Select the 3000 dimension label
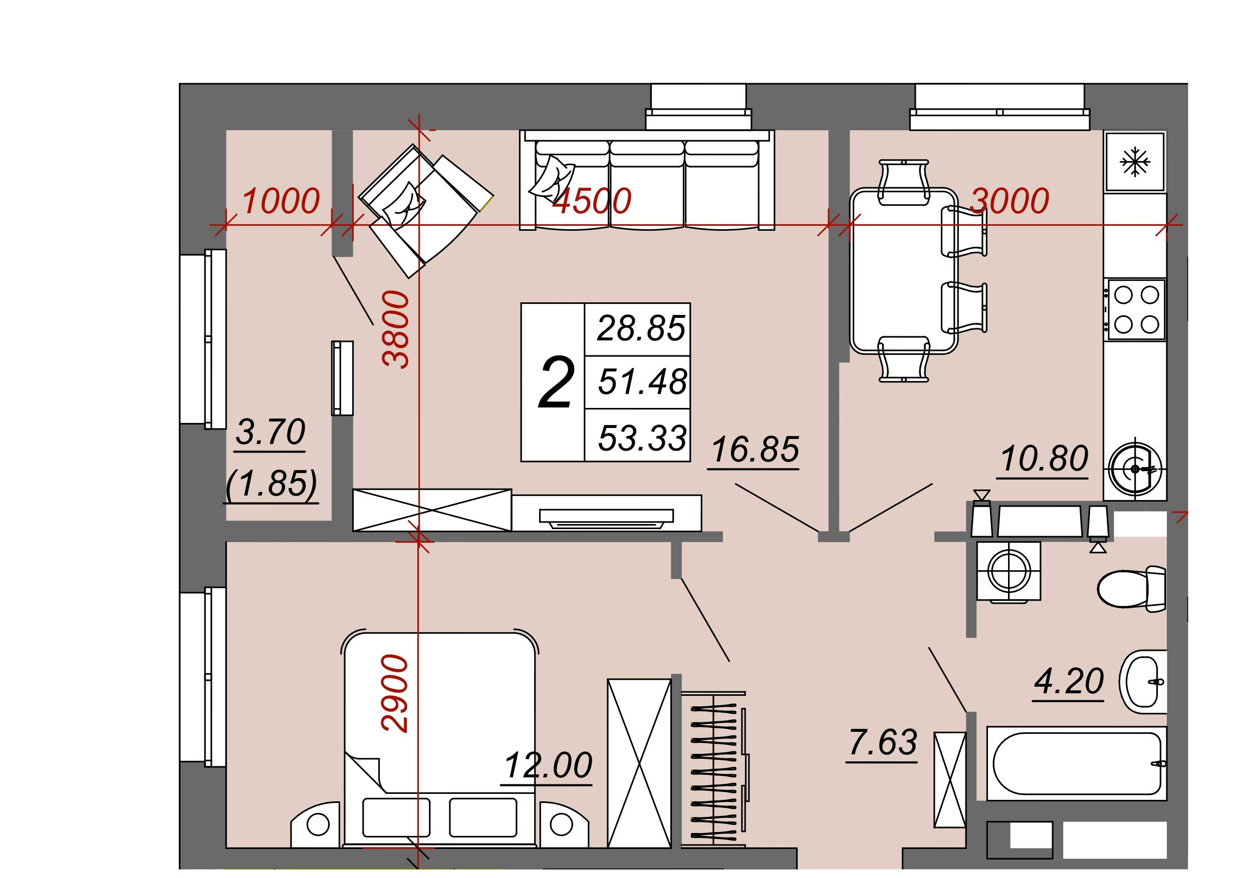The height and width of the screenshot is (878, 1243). click(1010, 201)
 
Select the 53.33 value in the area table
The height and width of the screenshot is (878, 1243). click(642, 437)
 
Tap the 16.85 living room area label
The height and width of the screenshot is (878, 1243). click(755, 449)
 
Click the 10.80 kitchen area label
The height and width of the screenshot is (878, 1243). click(1044, 458)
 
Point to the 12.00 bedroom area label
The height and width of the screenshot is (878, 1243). click(549, 765)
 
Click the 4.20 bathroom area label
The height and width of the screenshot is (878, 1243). click(1069, 681)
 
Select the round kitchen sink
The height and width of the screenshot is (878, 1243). click(1135, 469)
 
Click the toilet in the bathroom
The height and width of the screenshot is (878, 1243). click(1131, 589)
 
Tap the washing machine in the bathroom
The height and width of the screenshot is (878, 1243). click(1009, 571)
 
